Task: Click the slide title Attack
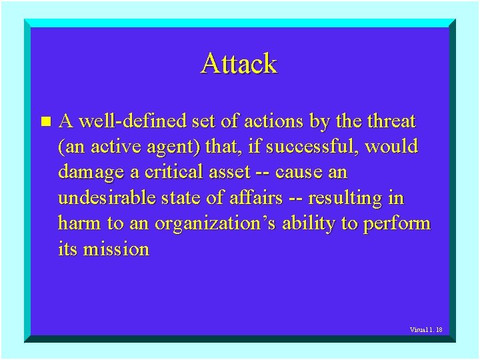(239, 64)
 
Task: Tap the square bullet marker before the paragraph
(45, 122)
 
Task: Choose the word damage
(92, 172)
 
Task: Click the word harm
(81, 223)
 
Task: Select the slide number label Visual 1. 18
(426, 330)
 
